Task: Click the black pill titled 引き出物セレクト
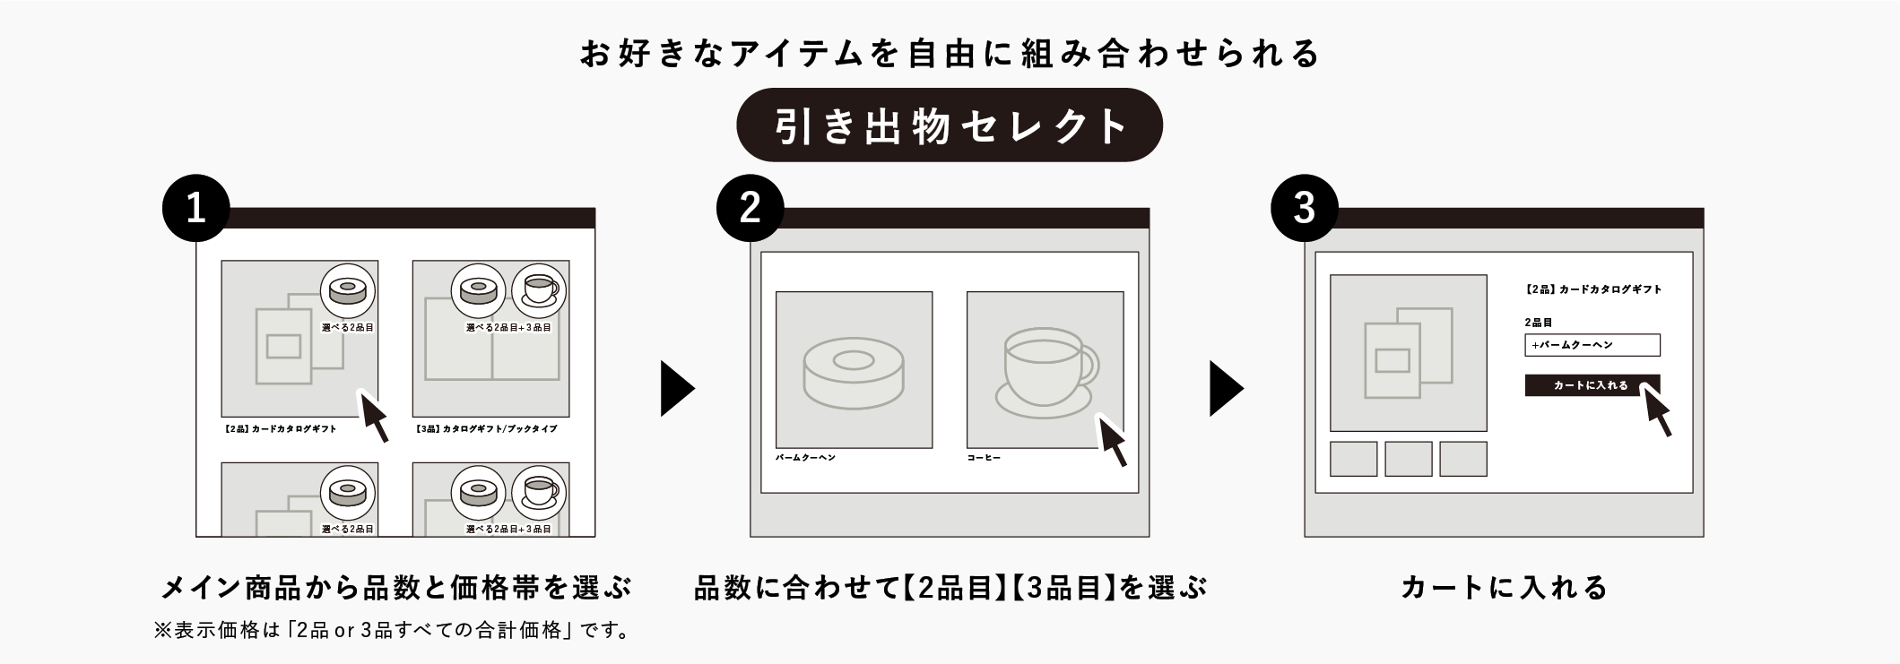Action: tap(950, 125)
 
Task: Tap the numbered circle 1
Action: tap(195, 208)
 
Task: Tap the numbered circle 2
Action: tap(750, 208)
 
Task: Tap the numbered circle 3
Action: tap(1304, 208)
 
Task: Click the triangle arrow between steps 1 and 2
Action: tap(677, 388)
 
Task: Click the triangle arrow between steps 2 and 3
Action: tap(1226, 388)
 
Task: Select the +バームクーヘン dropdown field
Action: tap(1592, 345)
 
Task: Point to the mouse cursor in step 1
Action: tap(374, 416)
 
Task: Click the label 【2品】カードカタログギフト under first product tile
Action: tap(281, 429)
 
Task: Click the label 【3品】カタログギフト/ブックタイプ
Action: tap(487, 429)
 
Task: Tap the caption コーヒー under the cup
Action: tap(984, 458)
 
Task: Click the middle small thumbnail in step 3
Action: tap(1408, 459)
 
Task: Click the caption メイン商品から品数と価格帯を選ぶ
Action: tap(395, 588)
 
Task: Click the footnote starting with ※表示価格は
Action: tap(392, 631)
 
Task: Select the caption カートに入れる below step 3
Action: tap(1504, 588)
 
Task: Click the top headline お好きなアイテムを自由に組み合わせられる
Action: tap(950, 54)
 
